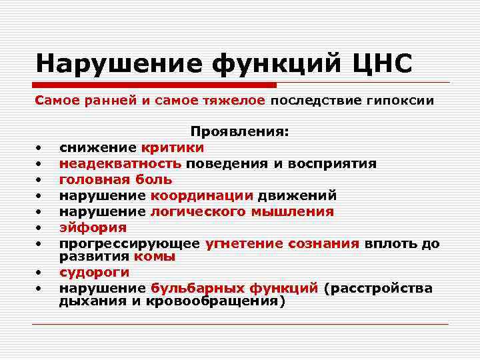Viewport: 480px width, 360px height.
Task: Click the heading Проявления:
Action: [240, 132]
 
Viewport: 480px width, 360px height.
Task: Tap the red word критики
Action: [173, 147]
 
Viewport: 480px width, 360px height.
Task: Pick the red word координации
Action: [202, 195]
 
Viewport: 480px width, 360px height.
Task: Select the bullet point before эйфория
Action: [40, 227]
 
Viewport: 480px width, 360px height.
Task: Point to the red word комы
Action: [154, 256]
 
